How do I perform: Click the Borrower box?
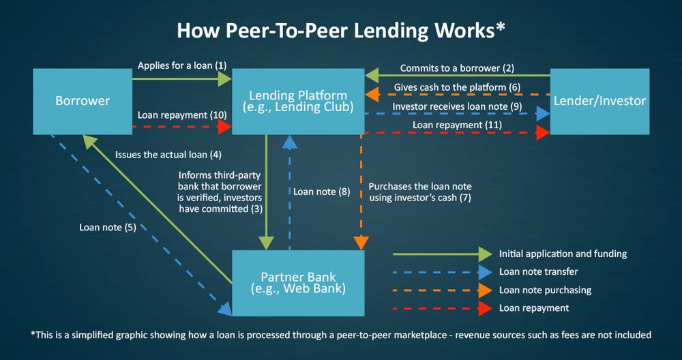(83, 101)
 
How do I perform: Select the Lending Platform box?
(297, 101)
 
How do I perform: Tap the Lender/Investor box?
(599, 101)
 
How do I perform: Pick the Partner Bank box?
(297, 283)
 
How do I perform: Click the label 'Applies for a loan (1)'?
(181, 65)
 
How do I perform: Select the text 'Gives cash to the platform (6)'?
(458, 87)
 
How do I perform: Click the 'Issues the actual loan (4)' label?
(168, 155)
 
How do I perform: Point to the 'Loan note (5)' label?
(108, 227)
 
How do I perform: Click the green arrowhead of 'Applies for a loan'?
(225, 79)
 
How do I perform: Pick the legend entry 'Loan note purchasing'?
(545, 290)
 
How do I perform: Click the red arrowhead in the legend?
(485, 308)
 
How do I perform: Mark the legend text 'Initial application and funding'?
(562, 254)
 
